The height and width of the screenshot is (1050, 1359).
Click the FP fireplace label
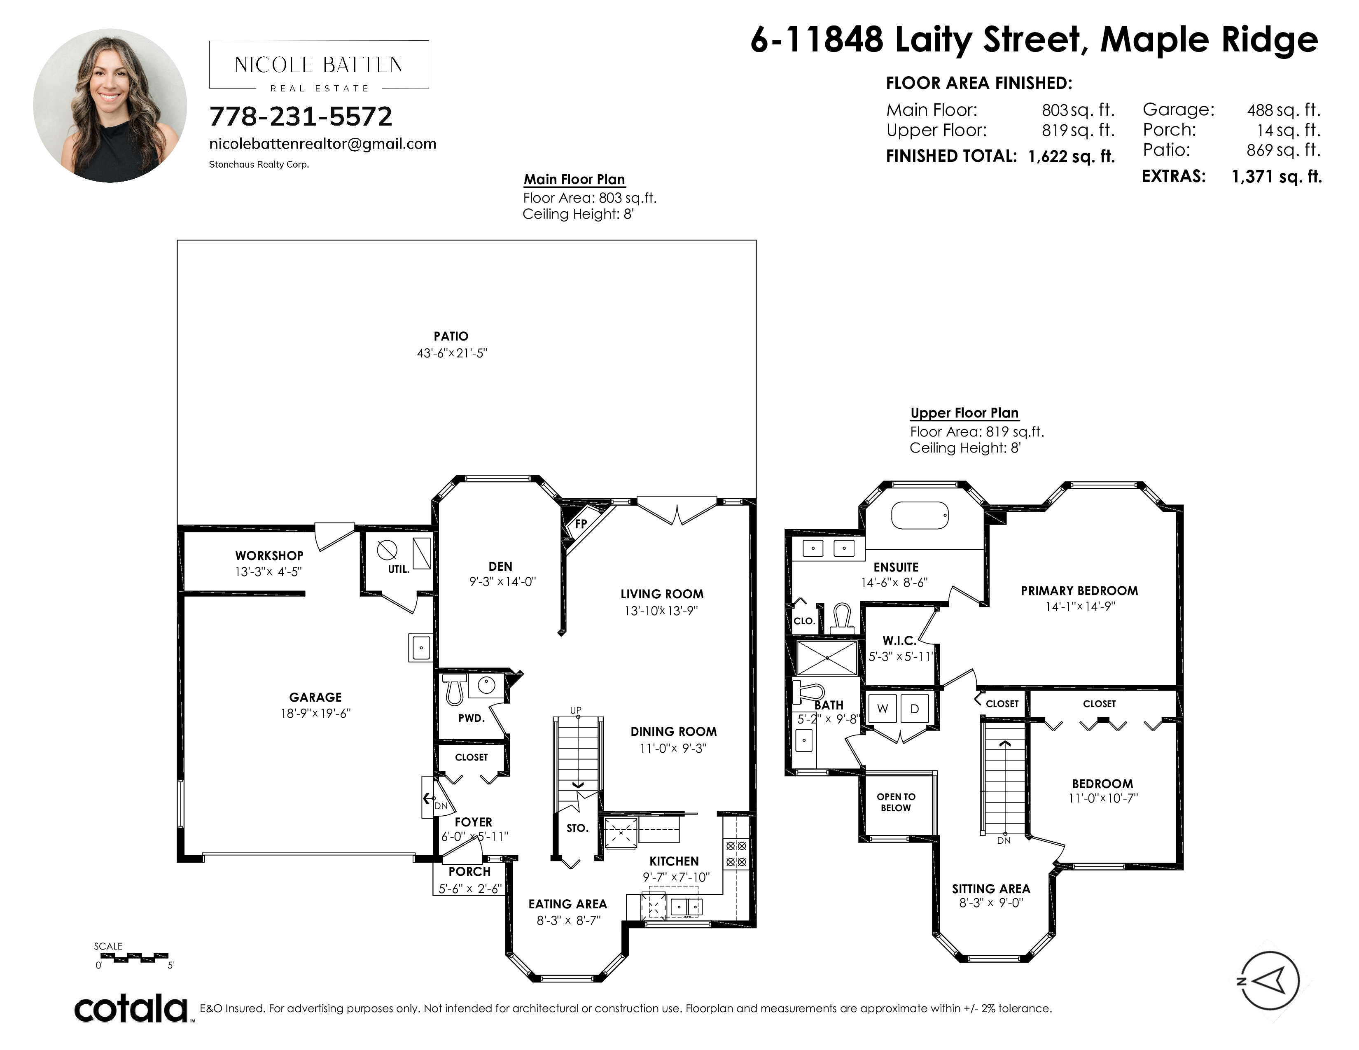(x=581, y=524)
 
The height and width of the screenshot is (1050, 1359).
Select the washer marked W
(x=883, y=709)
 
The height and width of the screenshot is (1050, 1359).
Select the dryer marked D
(x=914, y=709)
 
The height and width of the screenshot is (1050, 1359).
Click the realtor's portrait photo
(x=110, y=106)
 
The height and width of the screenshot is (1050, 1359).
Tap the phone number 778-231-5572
(x=301, y=116)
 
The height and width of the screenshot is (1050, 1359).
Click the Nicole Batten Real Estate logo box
(x=319, y=65)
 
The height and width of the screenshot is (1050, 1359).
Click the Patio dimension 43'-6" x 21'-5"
(x=452, y=353)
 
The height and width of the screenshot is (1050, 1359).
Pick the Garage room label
(x=315, y=697)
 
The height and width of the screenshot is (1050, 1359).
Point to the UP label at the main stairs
(x=576, y=710)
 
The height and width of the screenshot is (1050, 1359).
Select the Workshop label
(x=269, y=555)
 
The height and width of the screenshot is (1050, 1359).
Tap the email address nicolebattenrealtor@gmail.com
(x=323, y=144)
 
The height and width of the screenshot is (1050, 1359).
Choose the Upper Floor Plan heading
(x=964, y=413)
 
